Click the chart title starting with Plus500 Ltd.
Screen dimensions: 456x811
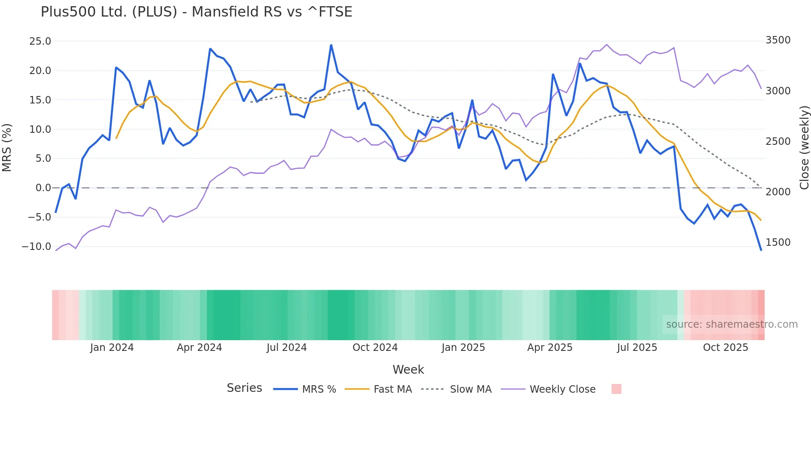pos(196,12)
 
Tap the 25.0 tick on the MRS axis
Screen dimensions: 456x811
pos(40,41)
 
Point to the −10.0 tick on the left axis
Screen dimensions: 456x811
pos(36,247)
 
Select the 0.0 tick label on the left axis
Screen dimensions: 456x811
pos(43,188)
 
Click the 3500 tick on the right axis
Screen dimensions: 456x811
pos(778,40)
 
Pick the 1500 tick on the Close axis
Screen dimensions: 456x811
pos(778,242)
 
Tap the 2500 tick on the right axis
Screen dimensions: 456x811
pos(778,142)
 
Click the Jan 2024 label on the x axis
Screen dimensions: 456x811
pos(112,348)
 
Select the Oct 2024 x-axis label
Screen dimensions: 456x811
pos(375,348)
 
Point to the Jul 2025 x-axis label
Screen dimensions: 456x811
pos(637,348)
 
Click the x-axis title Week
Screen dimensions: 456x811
pos(408,370)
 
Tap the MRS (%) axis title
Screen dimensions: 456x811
pos(7,147)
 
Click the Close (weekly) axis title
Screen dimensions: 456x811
pos(804,147)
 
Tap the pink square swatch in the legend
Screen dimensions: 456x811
pos(616,389)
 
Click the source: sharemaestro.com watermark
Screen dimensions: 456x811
pos(732,324)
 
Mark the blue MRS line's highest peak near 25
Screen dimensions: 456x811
pos(331,45)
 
